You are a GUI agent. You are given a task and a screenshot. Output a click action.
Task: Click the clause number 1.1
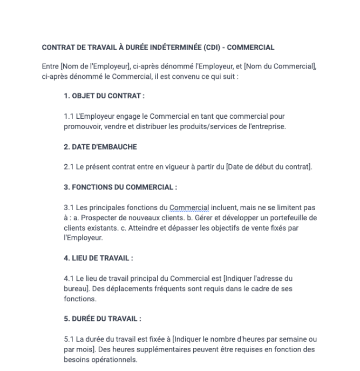(x=69, y=116)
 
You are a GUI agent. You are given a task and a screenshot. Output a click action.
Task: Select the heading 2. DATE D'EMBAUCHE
(x=100, y=147)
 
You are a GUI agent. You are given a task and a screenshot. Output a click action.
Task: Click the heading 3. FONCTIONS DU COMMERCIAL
(x=120, y=187)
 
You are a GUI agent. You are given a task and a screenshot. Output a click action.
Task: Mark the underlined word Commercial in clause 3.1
(x=188, y=207)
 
